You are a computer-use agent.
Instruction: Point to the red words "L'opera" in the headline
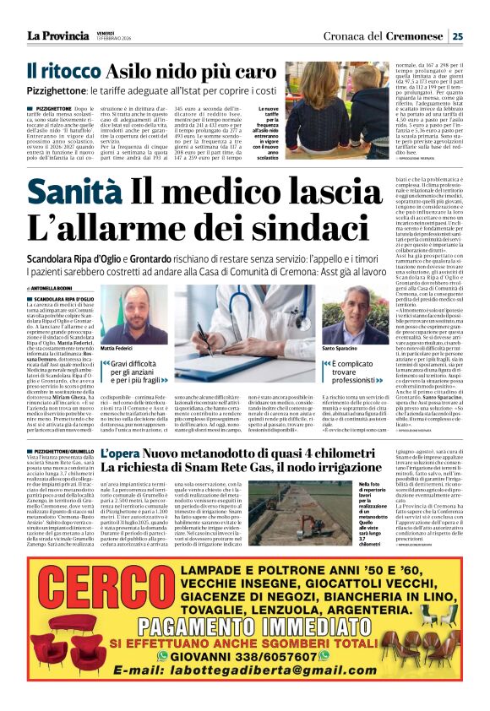pyautogui.click(x=119, y=455)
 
